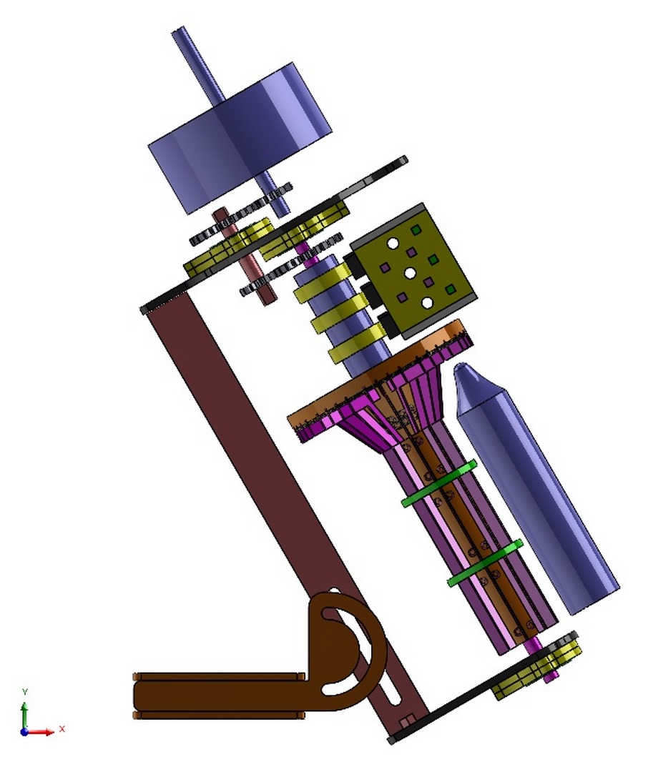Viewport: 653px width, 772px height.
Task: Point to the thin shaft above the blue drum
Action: click(197, 64)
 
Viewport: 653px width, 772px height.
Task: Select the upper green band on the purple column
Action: click(439, 483)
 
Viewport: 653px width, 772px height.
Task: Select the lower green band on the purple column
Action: click(485, 563)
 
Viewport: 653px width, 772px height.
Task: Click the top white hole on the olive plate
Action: click(393, 243)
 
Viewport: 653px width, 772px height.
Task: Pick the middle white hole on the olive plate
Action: click(410, 273)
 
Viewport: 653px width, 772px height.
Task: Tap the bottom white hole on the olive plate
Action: click(427, 303)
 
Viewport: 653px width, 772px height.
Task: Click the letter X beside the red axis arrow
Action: click(62, 728)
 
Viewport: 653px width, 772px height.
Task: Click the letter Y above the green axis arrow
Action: click(25, 692)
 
